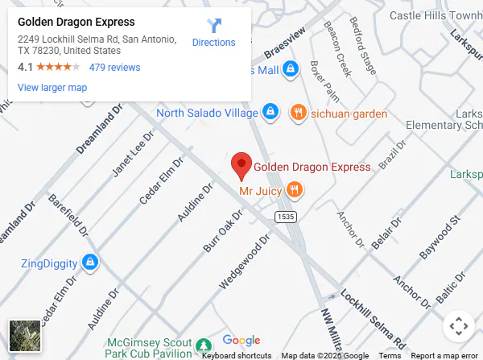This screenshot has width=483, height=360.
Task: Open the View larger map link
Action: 52,88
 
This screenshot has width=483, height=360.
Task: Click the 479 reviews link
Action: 114,68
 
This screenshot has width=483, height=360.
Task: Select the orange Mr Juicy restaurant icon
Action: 295,190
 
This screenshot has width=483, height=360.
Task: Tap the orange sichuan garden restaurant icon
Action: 298,113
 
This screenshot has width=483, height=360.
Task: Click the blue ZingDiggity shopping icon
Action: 91,263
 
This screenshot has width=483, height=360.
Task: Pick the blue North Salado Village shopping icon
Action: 270,112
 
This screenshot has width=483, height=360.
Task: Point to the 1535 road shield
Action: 284,217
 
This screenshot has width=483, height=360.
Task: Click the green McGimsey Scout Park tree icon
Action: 201,344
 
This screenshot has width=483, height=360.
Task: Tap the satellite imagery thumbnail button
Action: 24,335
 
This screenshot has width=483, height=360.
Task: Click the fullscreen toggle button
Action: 458,326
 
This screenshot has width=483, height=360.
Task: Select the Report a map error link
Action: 444,355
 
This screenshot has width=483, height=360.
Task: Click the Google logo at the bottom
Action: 242,341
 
